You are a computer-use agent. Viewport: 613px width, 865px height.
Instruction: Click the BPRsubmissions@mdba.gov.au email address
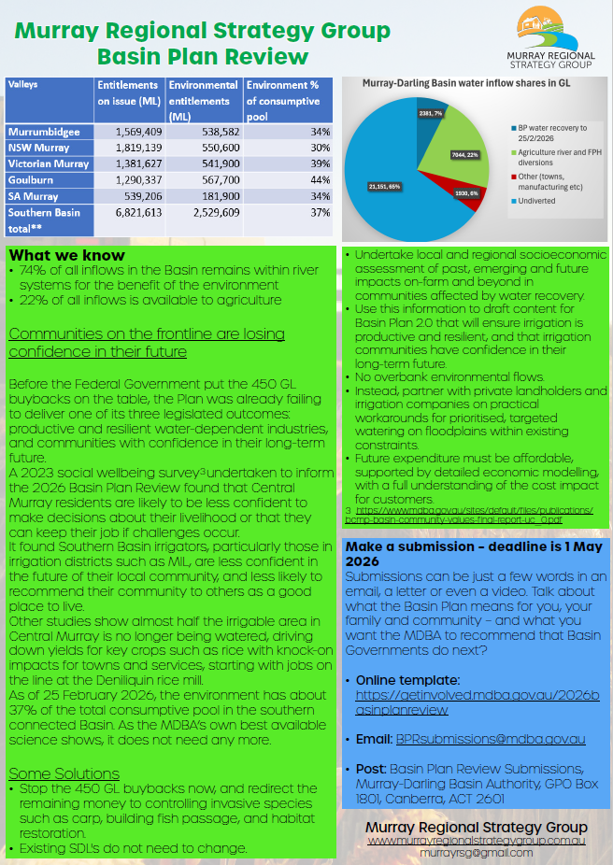click(491, 739)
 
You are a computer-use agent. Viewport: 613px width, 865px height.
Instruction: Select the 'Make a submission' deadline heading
click(449, 554)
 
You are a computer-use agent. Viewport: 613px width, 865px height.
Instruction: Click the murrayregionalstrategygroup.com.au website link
click(476, 841)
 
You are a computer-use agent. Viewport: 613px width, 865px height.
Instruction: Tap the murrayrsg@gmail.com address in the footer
click(476, 853)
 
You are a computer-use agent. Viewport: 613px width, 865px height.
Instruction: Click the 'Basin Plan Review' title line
click(203, 56)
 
